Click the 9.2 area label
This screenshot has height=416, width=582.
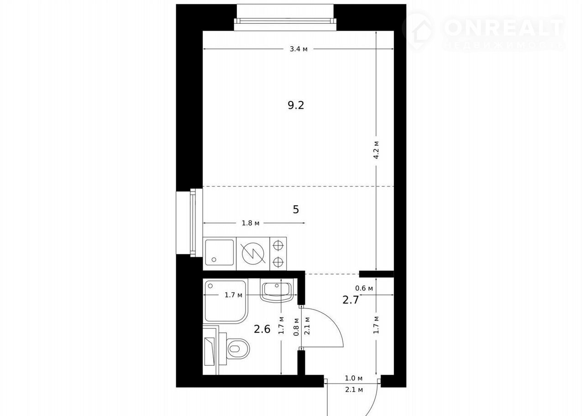[x=296, y=105]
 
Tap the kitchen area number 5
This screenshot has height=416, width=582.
[x=296, y=209]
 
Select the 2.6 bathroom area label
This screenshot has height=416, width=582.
[x=262, y=329]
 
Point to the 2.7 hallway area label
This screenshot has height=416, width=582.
[x=351, y=300]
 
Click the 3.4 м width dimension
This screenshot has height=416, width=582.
[x=299, y=49]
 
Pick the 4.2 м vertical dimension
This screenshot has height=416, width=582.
[x=376, y=150]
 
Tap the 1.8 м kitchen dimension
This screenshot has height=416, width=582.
[x=251, y=223]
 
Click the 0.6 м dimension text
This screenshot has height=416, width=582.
[x=364, y=288]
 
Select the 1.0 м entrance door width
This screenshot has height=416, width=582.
[x=354, y=378]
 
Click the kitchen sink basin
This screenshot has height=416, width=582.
[x=220, y=253]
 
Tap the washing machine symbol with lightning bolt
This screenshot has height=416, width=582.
[x=253, y=254]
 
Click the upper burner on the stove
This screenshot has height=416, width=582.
[x=278, y=245]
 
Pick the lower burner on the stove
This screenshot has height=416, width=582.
[x=278, y=262]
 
